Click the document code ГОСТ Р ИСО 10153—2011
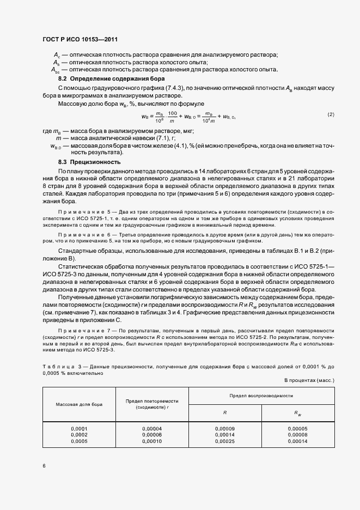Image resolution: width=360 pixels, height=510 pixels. click(81, 40)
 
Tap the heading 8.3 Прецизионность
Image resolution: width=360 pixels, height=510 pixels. click(89, 162)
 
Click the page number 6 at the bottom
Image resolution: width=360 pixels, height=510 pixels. click(44, 466)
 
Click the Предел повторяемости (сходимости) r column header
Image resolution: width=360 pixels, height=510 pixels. click(151, 404)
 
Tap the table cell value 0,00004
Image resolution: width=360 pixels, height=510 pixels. click(151, 428)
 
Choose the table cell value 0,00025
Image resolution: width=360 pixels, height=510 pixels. click(224, 441)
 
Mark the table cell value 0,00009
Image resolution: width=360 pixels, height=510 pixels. click(224, 428)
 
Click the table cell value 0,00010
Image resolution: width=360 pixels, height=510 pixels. click(151, 441)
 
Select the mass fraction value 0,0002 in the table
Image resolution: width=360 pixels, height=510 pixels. click(79, 435)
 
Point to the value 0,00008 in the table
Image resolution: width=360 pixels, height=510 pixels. click(297, 435)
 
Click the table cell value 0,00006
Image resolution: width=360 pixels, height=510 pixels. click(151, 435)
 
